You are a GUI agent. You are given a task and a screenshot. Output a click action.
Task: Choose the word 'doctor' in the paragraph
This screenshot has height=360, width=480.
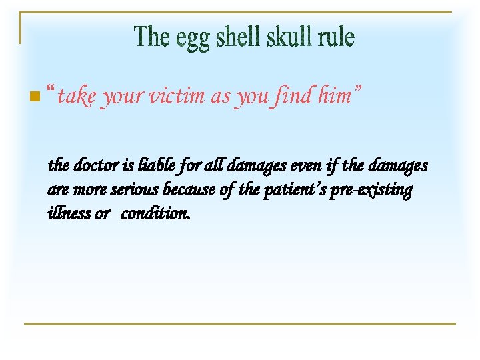tap(92, 165)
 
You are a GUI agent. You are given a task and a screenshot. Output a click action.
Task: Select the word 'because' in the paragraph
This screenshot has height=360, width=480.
tap(187, 190)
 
